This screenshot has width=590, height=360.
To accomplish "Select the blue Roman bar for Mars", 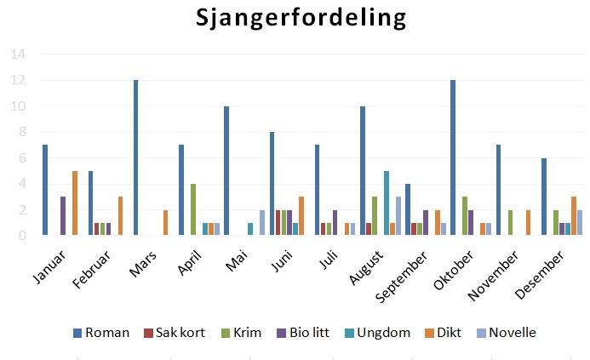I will tap(135, 157).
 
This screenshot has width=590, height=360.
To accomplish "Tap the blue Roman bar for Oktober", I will tap(453, 157).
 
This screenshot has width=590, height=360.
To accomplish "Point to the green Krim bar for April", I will tap(193, 209).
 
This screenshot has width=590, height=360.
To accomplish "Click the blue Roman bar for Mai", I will tap(226, 170).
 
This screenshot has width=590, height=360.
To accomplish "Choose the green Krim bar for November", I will tap(509, 222).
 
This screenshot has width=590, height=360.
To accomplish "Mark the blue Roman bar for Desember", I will tap(544, 197).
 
